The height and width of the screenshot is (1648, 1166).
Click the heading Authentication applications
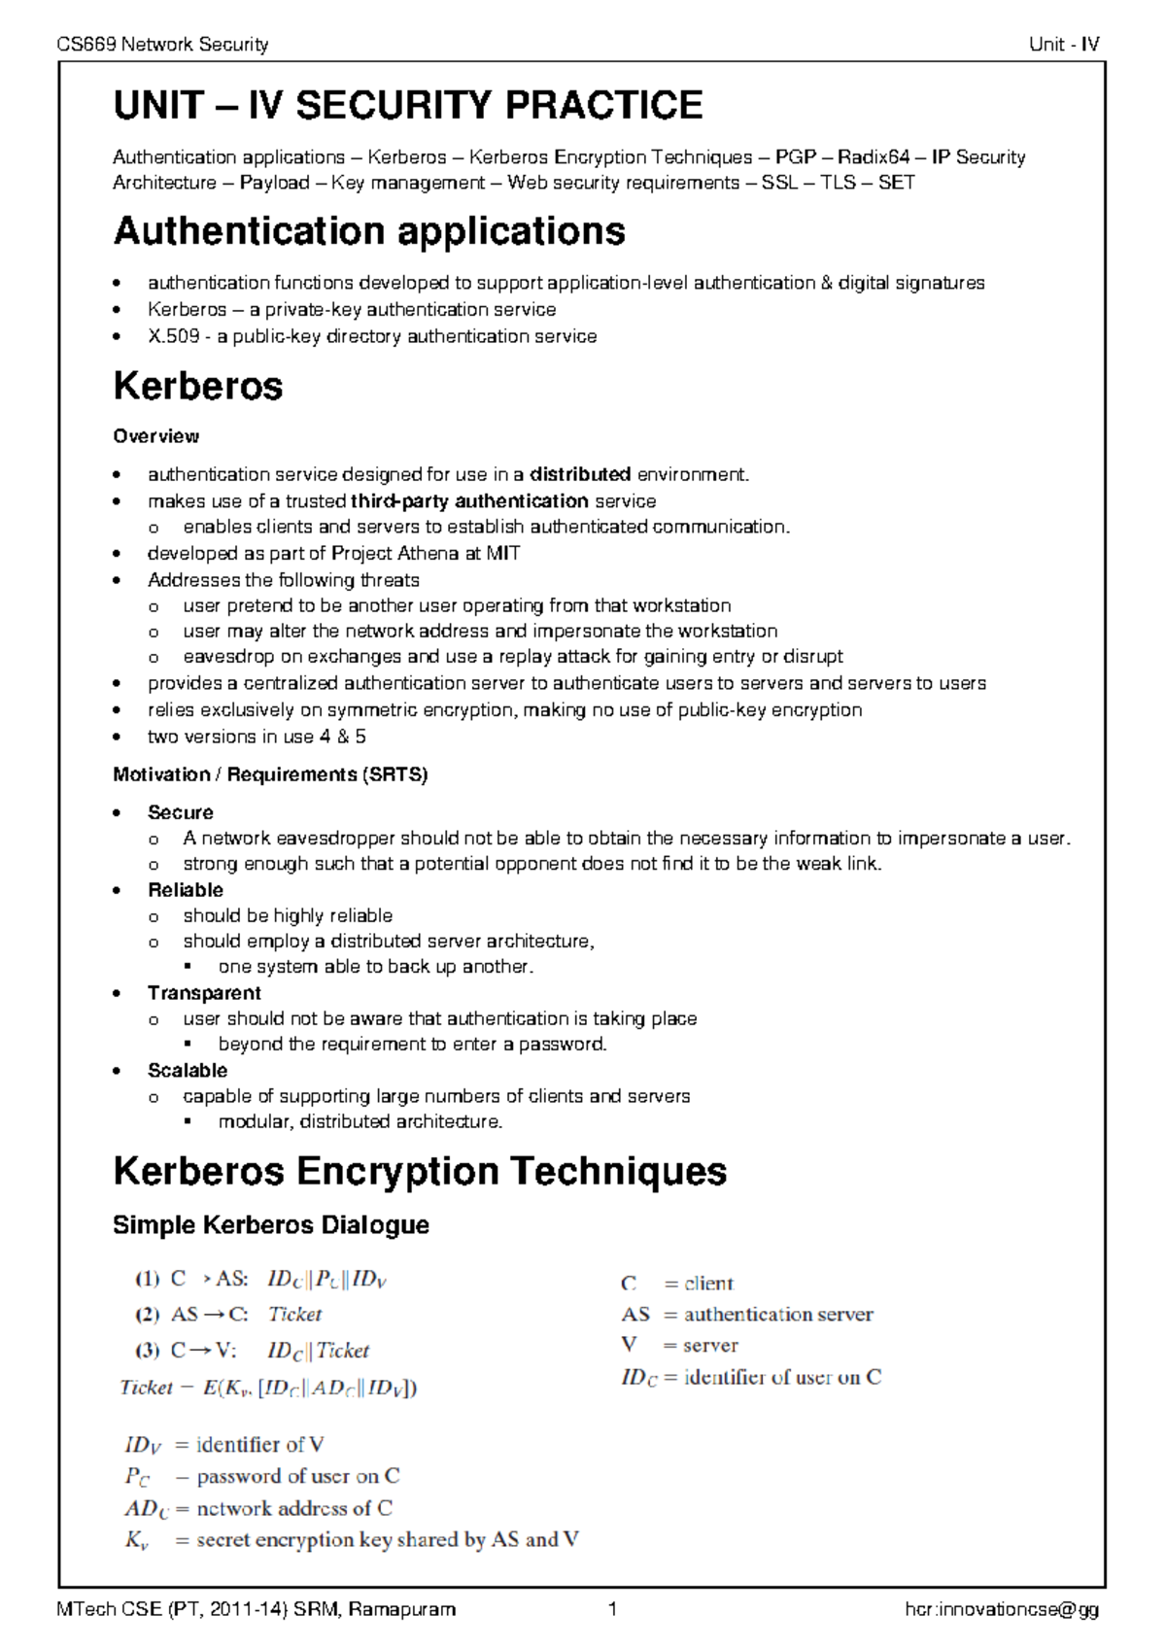(369, 231)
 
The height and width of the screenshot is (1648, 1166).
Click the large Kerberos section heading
(197, 386)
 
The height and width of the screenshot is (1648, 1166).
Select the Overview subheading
(155, 436)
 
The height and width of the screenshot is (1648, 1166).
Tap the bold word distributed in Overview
(580, 474)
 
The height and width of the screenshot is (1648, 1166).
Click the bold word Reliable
(185, 890)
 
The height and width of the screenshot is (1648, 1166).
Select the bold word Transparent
(204, 993)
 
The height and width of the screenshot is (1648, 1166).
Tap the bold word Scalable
(188, 1070)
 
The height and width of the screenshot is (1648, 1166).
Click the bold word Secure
(180, 812)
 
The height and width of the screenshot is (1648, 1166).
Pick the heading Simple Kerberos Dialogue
(271, 1224)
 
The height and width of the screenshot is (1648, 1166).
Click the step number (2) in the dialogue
(147, 1315)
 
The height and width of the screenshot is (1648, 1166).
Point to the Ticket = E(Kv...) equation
(268, 1388)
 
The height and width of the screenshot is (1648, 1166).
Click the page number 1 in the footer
(612, 1609)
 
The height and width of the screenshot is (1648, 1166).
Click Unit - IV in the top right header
(1064, 44)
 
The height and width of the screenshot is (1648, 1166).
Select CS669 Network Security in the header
(162, 44)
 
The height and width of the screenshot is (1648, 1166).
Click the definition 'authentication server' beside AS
(777, 1315)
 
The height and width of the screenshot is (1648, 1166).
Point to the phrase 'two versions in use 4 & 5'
(257, 737)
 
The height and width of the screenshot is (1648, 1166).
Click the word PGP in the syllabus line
(795, 157)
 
